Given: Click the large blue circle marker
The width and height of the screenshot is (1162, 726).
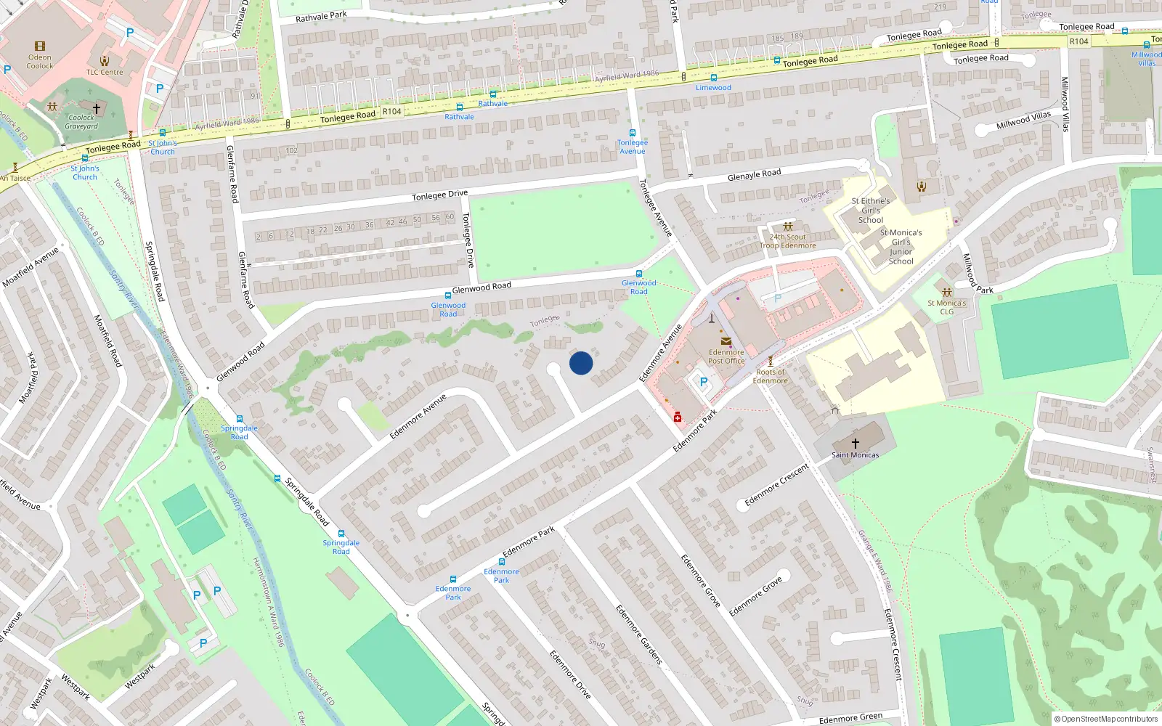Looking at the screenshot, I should point(581,363).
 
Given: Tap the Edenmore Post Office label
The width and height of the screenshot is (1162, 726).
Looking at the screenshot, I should point(726,356).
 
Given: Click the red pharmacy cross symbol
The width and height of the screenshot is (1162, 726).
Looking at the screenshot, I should point(678,417).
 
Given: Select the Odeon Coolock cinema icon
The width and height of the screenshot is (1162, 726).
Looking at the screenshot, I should point(40,46).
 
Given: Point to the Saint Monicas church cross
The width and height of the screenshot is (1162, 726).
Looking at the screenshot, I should point(855,443).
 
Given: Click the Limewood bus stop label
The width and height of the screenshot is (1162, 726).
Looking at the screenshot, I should point(713,88).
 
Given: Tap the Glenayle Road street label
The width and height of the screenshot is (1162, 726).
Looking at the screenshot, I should point(754,174).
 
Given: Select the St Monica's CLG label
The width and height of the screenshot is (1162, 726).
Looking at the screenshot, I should point(946,307).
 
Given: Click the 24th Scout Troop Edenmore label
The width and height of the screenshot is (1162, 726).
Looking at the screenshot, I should point(788,241).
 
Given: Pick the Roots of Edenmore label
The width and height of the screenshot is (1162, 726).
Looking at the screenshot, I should point(770,376).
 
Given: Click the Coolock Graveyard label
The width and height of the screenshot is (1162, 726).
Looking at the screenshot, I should point(81,122).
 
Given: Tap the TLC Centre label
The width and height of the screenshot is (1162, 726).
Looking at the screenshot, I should point(105,72).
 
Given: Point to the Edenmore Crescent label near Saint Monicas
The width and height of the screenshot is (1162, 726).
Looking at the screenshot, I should point(776,484).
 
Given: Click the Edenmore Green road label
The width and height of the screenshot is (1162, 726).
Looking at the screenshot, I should point(850,718).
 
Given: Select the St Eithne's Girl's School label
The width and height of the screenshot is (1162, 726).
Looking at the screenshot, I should point(870,211).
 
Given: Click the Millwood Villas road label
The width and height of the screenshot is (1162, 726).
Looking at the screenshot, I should point(1023,119).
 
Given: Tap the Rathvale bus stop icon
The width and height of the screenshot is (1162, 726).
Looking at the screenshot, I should point(493,94).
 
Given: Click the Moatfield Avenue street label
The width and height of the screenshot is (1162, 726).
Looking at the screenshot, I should point(31,267).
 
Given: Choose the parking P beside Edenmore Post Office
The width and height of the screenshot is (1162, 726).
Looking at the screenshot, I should point(703,381).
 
